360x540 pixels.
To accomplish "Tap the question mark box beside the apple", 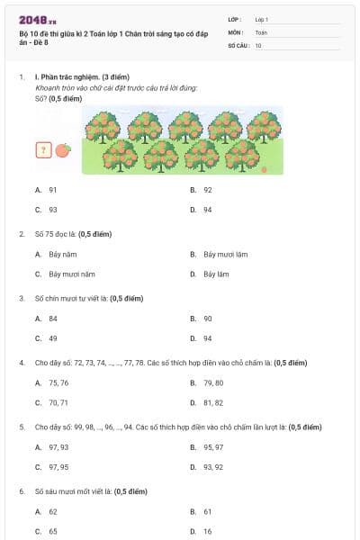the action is click(42, 150).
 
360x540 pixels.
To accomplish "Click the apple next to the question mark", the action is click(62, 150).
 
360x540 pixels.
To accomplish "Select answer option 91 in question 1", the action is click(53, 190).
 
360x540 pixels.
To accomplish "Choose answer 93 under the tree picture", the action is click(53, 210).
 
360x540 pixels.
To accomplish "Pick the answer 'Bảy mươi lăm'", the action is click(225, 254).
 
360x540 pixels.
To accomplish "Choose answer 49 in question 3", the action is click(53, 338).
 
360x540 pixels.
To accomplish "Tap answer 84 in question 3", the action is click(53, 319).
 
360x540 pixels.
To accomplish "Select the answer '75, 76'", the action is click(58, 382).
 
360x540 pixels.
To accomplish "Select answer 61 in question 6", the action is click(208, 511).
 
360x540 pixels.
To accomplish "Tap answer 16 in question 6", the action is click(208, 531).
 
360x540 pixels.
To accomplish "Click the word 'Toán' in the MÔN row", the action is click(260, 31).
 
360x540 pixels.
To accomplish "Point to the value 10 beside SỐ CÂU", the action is click(258, 44).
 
